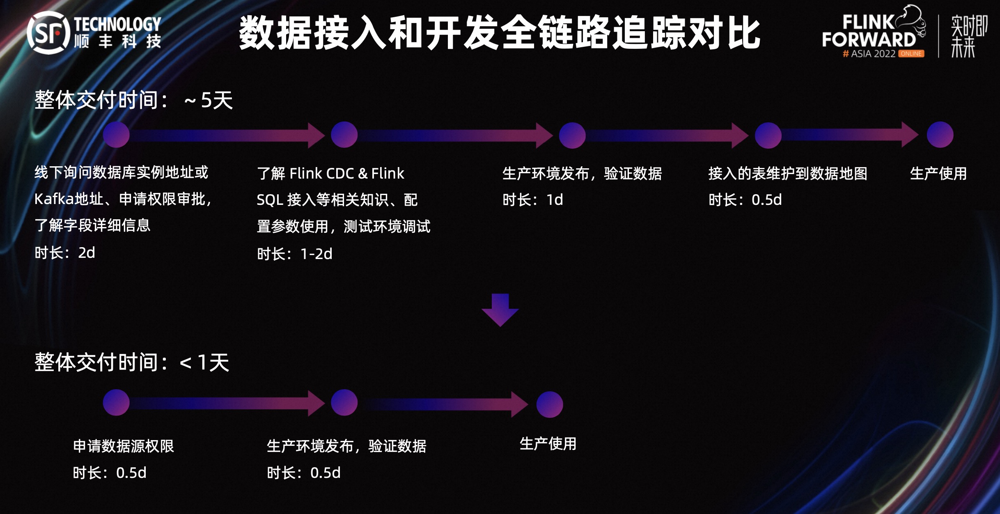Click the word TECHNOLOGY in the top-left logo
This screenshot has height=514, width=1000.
click(x=117, y=24)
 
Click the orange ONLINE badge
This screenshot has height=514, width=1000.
click(x=911, y=54)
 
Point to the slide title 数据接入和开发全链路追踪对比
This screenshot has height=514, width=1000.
click(x=499, y=33)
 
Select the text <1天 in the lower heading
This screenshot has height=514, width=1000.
click(x=204, y=363)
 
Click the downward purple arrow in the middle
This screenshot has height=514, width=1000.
click(x=500, y=310)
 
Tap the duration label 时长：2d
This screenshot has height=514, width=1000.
click(x=65, y=253)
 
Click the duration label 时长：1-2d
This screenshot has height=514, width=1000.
click(x=294, y=254)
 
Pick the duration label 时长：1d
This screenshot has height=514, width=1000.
click(x=532, y=200)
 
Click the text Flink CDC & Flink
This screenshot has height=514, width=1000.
click(x=346, y=174)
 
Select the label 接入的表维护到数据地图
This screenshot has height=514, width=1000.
click(x=787, y=174)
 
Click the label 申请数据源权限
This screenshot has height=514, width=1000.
click(x=123, y=446)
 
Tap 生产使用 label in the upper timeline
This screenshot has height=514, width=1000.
click(x=938, y=174)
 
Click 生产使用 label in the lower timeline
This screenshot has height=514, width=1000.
click(x=548, y=444)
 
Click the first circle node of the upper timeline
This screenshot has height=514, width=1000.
click(x=116, y=135)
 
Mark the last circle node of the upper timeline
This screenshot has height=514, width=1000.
click(x=940, y=135)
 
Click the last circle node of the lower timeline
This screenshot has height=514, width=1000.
click(x=549, y=404)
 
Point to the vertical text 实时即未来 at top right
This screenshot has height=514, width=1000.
click(x=968, y=36)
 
